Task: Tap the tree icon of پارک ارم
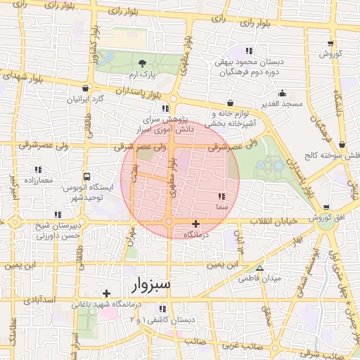pyautogui.click(x=143, y=63)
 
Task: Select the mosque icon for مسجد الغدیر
pyautogui.click(x=283, y=93)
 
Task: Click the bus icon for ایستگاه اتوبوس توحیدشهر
pyautogui.click(x=86, y=176)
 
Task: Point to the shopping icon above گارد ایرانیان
pyautogui.click(x=86, y=89)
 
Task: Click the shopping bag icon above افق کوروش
pyautogui.click(x=327, y=207)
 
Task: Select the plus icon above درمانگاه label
pyautogui.click(x=195, y=224)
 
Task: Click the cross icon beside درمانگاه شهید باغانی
pyautogui.click(x=106, y=293)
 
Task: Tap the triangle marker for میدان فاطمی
pyautogui.click(x=259, y=268)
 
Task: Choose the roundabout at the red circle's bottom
pyautogui.click(x=169, y=222)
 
